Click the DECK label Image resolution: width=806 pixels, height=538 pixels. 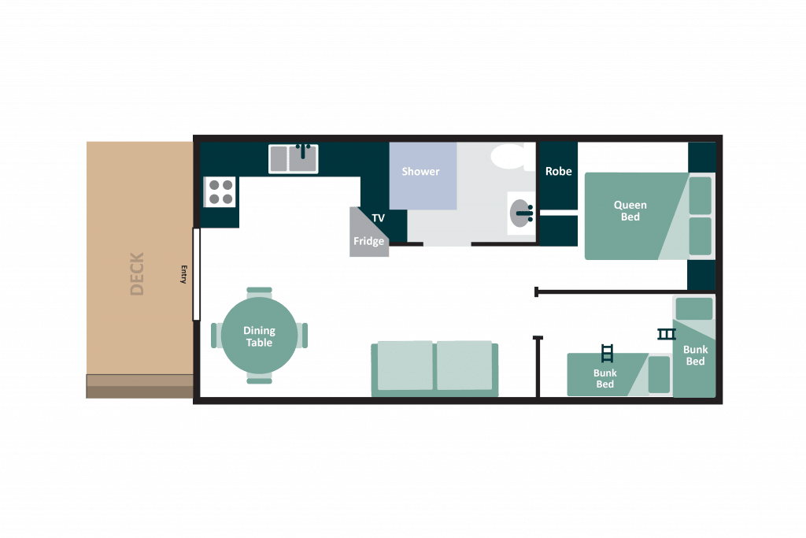pos(137,273)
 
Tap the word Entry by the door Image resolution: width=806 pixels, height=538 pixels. pos(183,275)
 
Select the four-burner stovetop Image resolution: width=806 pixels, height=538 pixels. pos(220,192)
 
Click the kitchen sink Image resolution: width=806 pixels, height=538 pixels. pos(294,158)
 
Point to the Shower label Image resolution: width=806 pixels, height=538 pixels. pos(420,171)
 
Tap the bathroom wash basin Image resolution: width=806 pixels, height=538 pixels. pos(522,213)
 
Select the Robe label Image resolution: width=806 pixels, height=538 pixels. pos(558,171)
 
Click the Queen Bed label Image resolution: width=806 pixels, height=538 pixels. pos(630,211)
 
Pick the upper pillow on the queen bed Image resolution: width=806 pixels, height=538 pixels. pos(700,195)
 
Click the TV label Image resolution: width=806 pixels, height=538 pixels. pos(379,218)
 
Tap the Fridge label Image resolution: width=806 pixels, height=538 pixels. pos(368,241)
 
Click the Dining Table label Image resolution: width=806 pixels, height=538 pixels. pos(259,336)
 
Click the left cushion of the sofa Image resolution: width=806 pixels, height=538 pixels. pos(405,365)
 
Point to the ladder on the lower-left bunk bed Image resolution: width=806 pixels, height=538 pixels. pos(607,354)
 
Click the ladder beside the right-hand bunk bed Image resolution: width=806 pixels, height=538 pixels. pos(666,334)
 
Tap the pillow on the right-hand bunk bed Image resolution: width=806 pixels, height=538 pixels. pos(694,309)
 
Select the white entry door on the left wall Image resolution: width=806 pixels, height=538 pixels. pos(196,275)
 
